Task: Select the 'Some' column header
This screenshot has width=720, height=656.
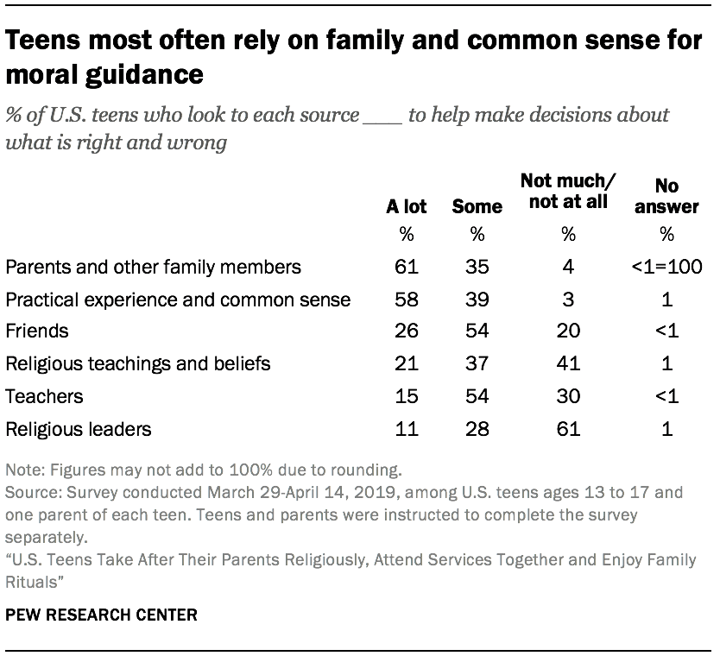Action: point(477,207)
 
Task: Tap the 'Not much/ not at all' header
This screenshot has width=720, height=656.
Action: point(567,192)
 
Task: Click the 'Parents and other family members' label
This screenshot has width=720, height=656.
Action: point(153,267)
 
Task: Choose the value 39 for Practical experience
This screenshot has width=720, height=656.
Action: point(477,300)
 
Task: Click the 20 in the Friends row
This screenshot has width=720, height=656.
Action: point(567,331)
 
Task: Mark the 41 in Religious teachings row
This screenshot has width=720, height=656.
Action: point(567,364)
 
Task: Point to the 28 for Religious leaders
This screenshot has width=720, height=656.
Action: point(477,429)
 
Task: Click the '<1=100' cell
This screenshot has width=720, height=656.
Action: point(666,267)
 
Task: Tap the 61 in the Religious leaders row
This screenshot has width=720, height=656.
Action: point(567,429)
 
